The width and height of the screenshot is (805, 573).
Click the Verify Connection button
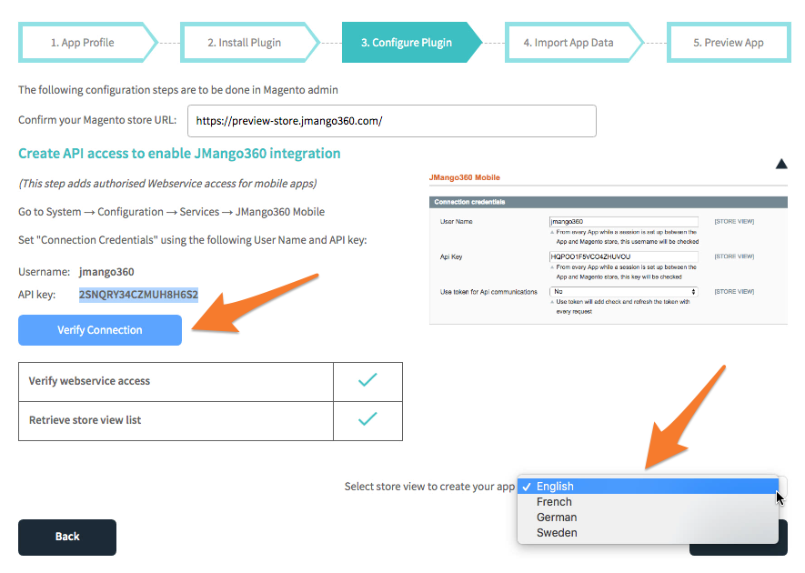point(99,330)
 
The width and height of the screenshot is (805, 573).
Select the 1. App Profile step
point(85,43)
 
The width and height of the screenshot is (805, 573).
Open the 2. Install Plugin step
point(247,43)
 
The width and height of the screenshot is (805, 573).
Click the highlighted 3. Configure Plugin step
point(409,43)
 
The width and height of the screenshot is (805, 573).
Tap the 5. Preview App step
point(729,43)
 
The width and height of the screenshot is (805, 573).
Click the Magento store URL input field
point(392,121)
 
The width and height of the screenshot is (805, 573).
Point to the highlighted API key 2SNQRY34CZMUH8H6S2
point(138,295)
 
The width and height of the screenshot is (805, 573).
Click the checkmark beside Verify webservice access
point(367,380)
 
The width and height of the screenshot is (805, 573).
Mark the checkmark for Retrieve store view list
point(367,419)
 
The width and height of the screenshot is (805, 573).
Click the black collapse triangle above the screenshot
point(781,164)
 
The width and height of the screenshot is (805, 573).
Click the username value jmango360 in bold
point(106,272)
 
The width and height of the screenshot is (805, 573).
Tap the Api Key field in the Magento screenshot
point(623,256)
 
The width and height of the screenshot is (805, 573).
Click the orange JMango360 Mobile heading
point(464,177)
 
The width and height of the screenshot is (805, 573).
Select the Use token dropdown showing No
point(623,292)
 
